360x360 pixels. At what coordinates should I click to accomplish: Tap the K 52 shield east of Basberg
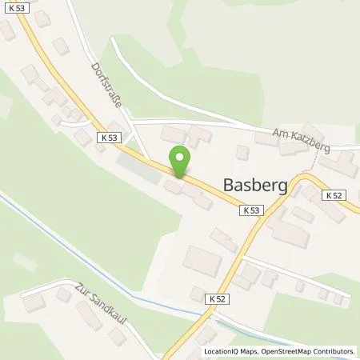(x=335, y=194)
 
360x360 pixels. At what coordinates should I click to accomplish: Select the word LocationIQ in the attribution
(x=224, y=351)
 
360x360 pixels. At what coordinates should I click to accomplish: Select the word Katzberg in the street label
(x=312, y=139)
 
